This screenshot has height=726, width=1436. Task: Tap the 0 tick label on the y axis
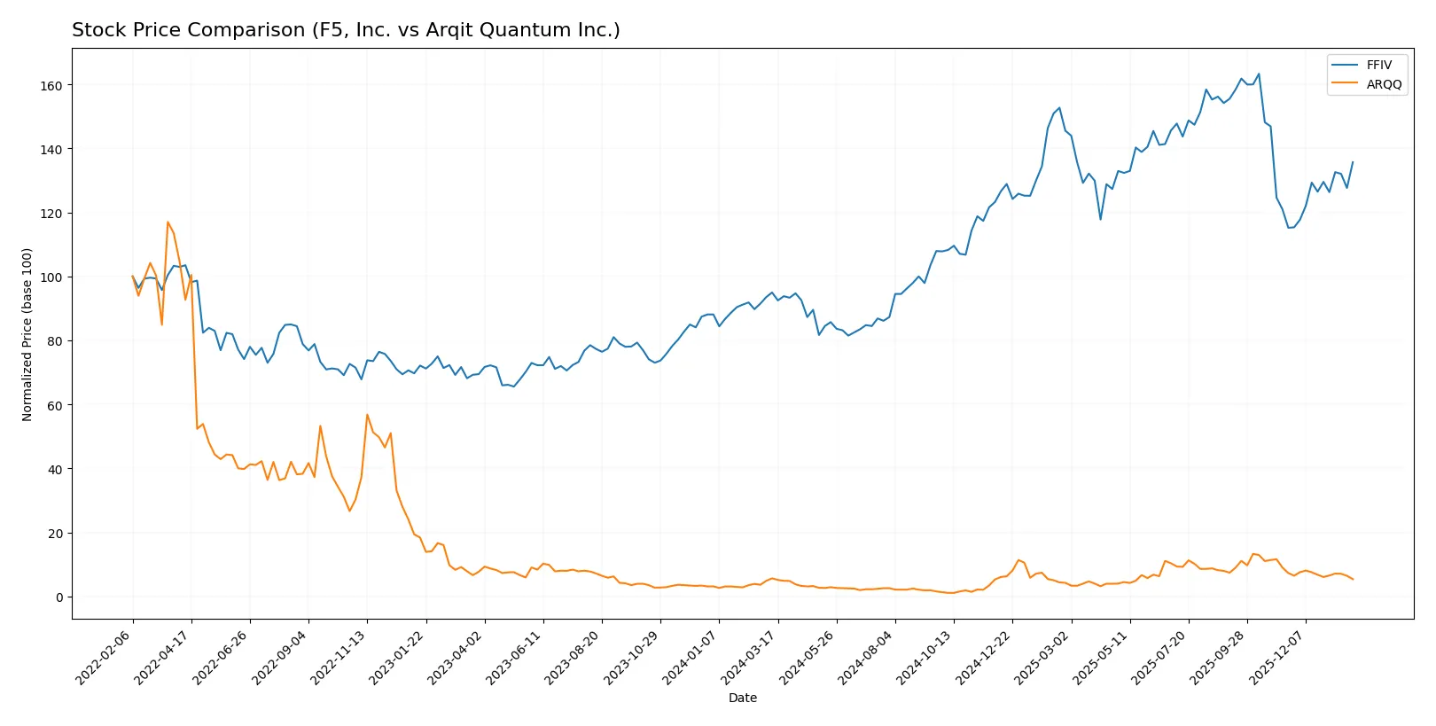click(x=59, y=597)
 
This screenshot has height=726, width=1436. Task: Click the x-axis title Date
click(x=742, y=698)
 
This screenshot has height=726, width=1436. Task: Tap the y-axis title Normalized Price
click(x=27, y=334)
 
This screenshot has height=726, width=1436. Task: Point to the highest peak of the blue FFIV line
click(x=1259, y=74)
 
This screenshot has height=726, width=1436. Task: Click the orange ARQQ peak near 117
click(x=168, y=222)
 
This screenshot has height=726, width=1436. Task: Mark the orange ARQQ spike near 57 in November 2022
click(x=367, y=415)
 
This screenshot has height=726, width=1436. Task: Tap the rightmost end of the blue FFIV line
click(x=1352, y=162)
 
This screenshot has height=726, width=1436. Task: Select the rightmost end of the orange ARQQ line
click(x=1352, y=579)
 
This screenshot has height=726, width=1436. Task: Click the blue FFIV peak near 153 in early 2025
click(x=1059, y=108)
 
